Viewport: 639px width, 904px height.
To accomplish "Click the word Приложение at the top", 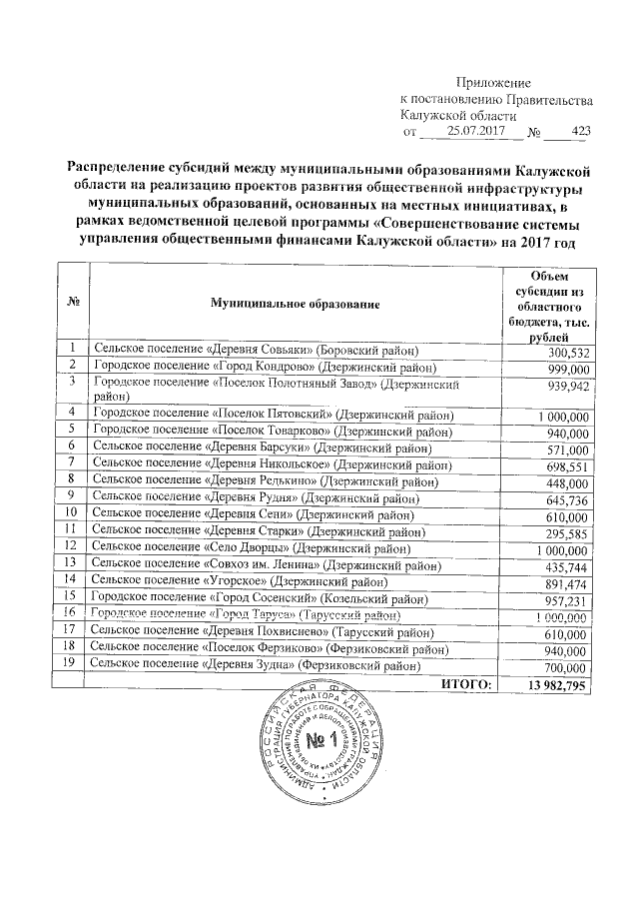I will [493, 82].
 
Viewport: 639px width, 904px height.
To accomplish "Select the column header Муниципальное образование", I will [295, 301].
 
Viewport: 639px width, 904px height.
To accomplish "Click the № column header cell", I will [73, 301].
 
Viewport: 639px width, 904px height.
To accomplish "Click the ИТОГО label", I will [466, 684].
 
